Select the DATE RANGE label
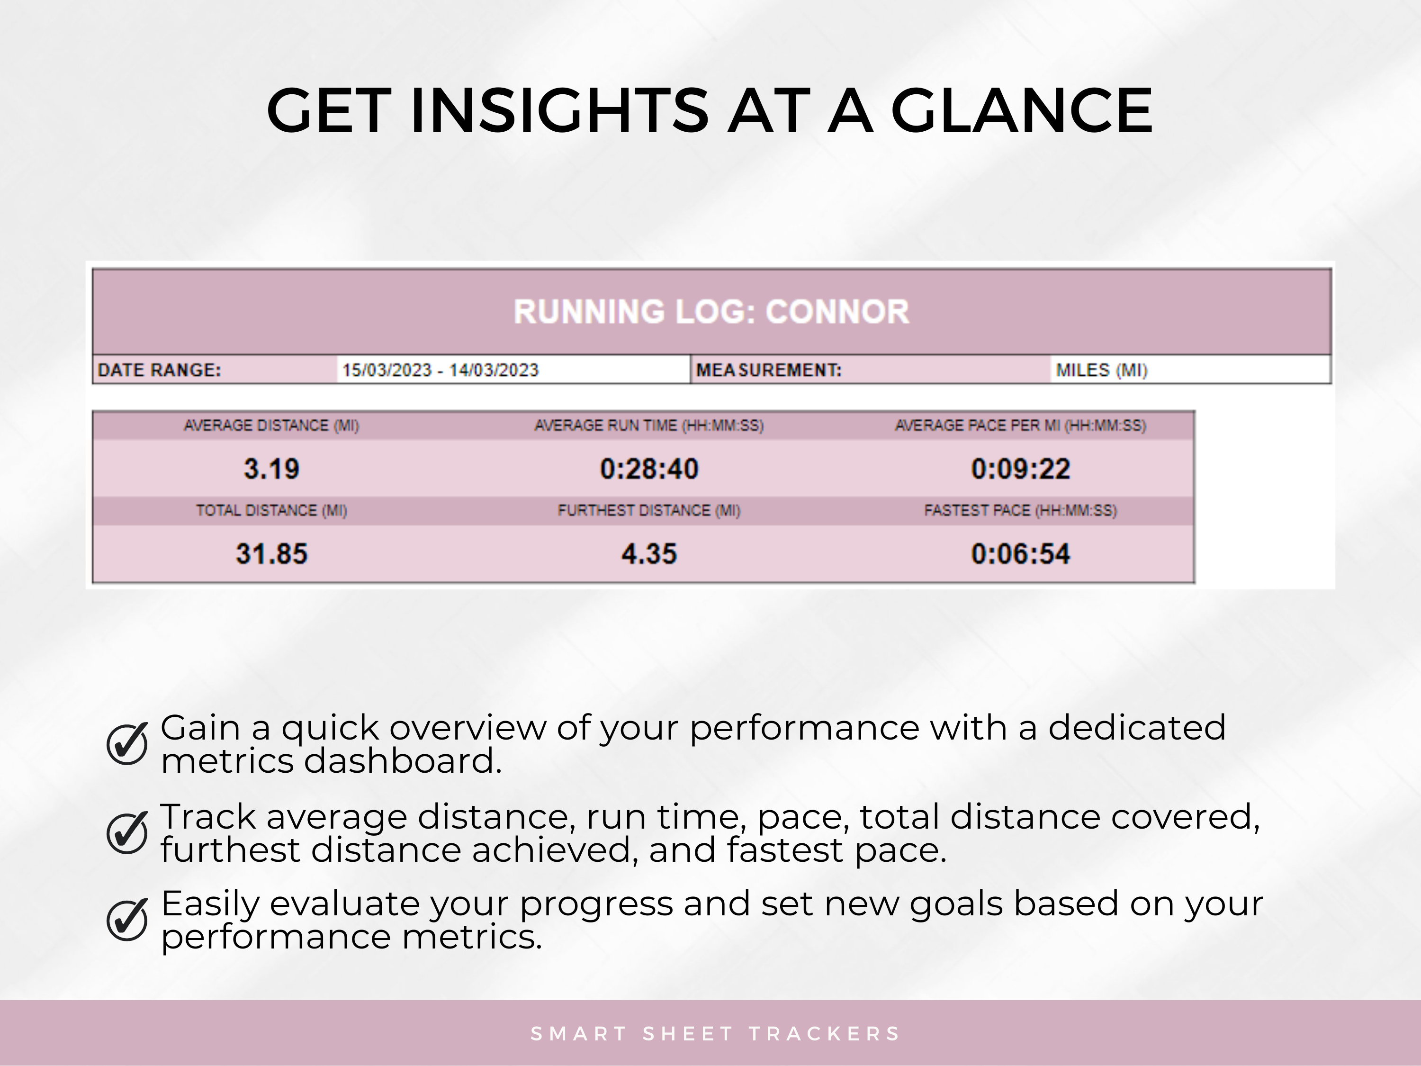159,370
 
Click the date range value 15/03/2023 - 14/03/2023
440,370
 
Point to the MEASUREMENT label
768,370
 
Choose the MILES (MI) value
1102,370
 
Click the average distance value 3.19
271,469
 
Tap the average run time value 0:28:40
649,469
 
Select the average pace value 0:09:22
1020,469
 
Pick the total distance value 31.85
271,554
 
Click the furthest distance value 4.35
649,554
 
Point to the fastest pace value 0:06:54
1020,554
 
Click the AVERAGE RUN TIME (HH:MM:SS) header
649,425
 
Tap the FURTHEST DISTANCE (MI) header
649,511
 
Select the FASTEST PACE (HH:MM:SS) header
1020,511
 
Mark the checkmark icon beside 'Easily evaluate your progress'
127,920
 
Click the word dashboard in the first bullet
402,761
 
